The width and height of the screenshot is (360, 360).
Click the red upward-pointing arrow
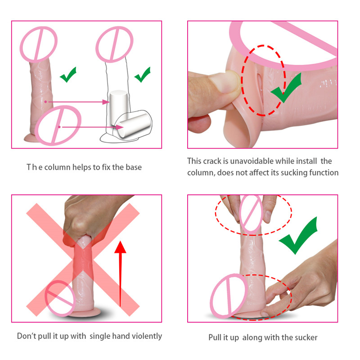[x=120, y=273]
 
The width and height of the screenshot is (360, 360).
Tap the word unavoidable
[x=252, y=161]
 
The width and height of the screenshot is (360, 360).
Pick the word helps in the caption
[x=81, y=167]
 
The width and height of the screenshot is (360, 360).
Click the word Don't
[x=27, y=336]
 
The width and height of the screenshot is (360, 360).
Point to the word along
[x=252, y=337]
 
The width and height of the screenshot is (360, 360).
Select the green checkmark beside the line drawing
[x=142, y=75]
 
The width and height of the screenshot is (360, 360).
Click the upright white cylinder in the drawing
[x=118, y=107]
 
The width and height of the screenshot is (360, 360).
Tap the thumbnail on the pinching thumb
[x=226, y=82]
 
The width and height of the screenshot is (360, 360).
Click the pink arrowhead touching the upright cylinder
[x=106, y=102]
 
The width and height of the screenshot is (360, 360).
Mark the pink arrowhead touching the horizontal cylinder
[x=119, y=127]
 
